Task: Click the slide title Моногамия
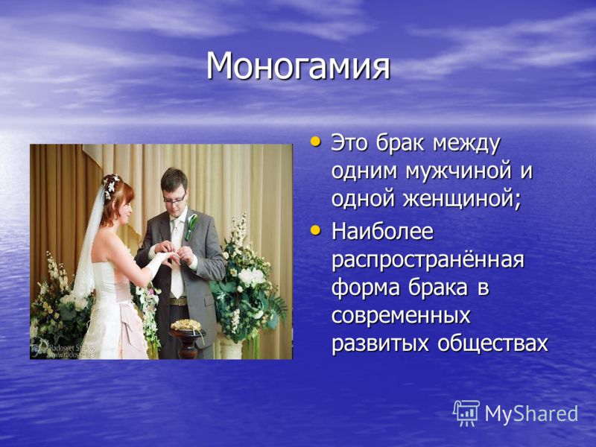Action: (x=298, y=66)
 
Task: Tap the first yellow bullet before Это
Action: (x=315, y=142)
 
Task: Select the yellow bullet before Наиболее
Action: (x=315, y=229)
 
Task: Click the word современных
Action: (x=401, y=315)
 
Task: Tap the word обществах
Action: (x=492, y=343)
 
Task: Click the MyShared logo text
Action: (x=531, y=413)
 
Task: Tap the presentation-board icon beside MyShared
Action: (x=466, y=413)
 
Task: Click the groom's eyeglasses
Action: (x=174, y=199)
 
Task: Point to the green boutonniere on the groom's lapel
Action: (x=191, y=226)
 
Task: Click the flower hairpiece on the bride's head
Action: (x=111, y=185)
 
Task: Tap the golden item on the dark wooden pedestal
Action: (x=186, y=326)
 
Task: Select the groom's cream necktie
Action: (x=176, y=259)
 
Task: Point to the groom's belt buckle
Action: (x=179, y=302)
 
